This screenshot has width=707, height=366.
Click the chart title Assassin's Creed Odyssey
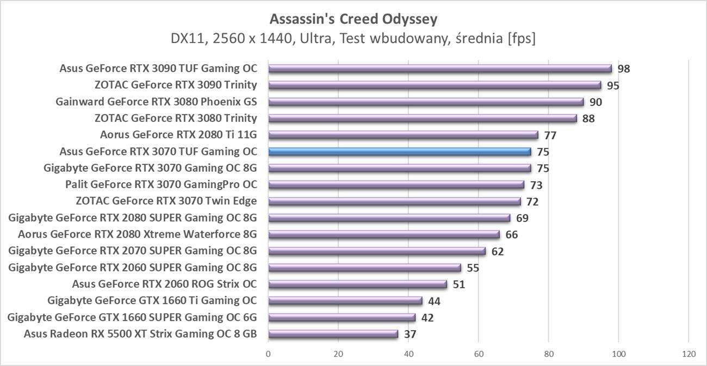(353, 19)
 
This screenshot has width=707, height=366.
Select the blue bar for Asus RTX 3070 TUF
(399, 152)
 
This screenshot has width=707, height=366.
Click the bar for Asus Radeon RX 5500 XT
(333, 334)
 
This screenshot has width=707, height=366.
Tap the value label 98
(623, 69)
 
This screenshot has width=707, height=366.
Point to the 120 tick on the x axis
(689, 354)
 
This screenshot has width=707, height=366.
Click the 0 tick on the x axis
(269, 354)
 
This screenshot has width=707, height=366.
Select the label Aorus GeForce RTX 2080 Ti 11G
(178, 135)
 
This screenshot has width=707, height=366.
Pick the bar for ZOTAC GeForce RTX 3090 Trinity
(435, 85)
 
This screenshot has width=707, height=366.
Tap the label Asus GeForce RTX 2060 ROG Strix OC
(164, 284)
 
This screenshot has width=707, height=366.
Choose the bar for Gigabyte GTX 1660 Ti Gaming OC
(345, 301)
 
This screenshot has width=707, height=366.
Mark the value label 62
(497, 251)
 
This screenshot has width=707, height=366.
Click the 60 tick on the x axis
(479, 354)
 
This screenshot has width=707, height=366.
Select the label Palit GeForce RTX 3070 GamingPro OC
(161, 185)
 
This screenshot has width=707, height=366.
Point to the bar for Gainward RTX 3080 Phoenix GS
(426, 102)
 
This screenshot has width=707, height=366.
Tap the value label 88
(588, 119)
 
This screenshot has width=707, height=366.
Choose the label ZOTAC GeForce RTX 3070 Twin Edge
(166, 201)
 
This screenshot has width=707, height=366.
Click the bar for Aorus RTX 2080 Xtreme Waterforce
(384, 234)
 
